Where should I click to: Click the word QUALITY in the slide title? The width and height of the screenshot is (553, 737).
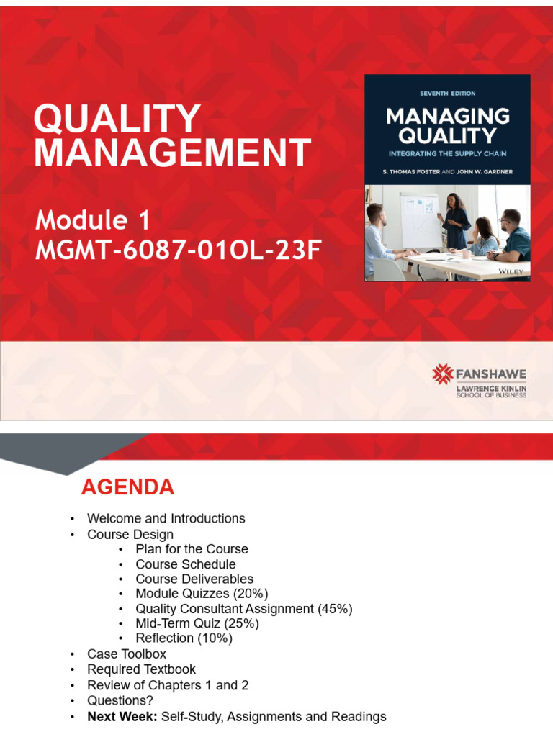point(117,119)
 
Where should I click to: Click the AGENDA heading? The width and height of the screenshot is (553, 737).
point(127,487)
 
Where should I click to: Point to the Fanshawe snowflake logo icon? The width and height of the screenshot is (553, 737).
point(442,374)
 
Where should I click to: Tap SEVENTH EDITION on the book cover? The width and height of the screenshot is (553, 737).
point(447,94)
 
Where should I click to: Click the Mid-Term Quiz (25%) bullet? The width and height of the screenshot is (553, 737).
point(197,623)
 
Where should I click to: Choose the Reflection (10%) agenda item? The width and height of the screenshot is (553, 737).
point(184,638)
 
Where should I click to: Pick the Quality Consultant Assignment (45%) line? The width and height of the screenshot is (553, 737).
point(243,609)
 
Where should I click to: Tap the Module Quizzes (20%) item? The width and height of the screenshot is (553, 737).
point(202,594)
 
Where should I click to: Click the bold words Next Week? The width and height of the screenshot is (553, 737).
point(122,717)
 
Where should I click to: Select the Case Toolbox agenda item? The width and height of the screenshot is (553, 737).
point(127,654)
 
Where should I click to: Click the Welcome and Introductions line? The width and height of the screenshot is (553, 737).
point(166,518)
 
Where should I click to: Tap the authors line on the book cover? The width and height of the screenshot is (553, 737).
point(447,171)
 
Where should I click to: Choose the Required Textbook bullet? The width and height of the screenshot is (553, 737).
point(141,669)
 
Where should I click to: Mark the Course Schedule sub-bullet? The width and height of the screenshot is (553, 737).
point(186,564)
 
